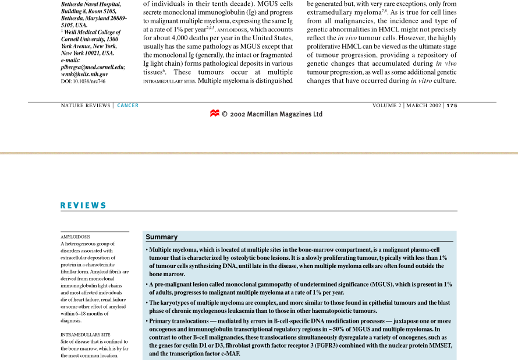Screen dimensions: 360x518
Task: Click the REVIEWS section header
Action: point(84,205)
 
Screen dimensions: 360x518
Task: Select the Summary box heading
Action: point(161,237)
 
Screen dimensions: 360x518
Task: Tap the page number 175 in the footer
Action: point(452,105)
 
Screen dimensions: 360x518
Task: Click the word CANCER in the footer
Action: point(128,105)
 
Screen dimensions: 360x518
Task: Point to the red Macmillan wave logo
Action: point(214,114)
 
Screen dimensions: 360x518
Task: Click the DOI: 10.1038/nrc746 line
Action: point(83,82)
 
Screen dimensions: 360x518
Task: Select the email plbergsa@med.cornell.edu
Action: point(93,68)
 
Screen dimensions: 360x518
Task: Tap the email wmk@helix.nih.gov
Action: point(84,75)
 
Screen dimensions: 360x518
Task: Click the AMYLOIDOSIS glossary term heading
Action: point(76,237)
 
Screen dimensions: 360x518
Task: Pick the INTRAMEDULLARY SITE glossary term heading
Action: point(86,335)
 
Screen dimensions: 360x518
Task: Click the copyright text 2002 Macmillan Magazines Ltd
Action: point(276,114)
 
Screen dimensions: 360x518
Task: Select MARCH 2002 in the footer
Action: point(424,105)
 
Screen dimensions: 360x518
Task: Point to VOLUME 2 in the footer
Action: point(387,105)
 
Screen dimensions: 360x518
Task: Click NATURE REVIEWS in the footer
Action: point(86,105)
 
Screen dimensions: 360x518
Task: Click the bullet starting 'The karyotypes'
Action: point(298,306)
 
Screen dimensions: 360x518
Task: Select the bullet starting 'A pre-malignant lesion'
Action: point(298,288)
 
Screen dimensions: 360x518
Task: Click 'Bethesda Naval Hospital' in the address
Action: point(91,4)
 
